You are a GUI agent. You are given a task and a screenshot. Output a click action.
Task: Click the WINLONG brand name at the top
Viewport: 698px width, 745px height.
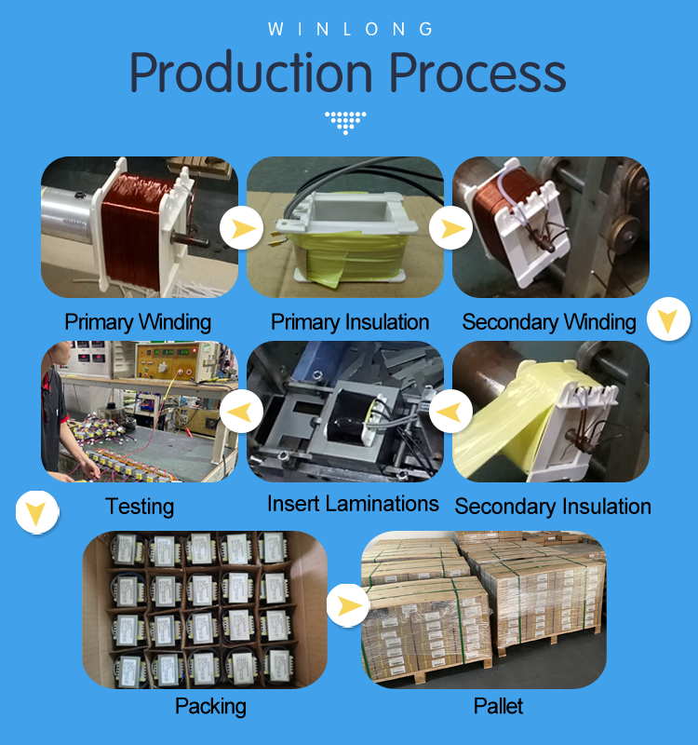tap(351, 29)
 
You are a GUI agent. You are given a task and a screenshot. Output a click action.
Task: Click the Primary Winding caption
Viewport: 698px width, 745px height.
tap(138, 322)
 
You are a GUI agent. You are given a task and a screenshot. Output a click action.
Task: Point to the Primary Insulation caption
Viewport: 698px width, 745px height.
tap(350, 322)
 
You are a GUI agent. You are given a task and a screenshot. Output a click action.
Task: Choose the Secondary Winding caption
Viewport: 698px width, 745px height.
tap(549, 322)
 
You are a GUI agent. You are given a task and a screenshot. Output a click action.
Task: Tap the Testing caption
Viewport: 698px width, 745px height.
tap(140, 507)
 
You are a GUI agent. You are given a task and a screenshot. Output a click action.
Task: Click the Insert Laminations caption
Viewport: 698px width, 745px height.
tap(353, 504)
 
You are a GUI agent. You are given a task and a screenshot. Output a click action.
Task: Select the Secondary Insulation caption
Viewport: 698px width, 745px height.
tap(553, 507)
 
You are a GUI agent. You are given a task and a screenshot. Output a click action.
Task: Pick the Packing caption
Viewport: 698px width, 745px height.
tap(210, 706)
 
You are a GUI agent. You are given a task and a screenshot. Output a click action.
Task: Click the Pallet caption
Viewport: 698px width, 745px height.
tap(498, 706)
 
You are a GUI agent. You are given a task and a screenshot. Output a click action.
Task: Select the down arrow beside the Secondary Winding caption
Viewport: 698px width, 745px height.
tap(666, 320)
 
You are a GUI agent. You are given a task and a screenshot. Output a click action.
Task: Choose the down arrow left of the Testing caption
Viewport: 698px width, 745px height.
tap(36, 511)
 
